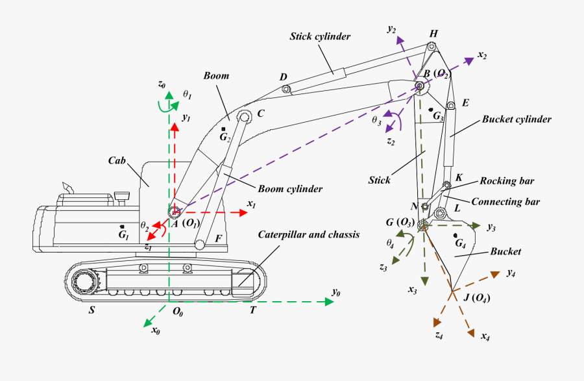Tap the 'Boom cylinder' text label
tap(290, 190)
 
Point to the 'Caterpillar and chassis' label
tap(308, 234)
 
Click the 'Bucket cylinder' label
tap(517, 119)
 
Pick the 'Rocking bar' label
tap(506, 181)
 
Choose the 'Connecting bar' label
tap(505, 202)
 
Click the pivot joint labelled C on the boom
tap(244, 117)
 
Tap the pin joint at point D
tap(289, 88)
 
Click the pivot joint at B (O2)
tap(420, 86)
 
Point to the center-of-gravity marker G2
tap(224, 129)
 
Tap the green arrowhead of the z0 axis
tap(169, 95)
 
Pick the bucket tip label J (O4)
tap(476, 298)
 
